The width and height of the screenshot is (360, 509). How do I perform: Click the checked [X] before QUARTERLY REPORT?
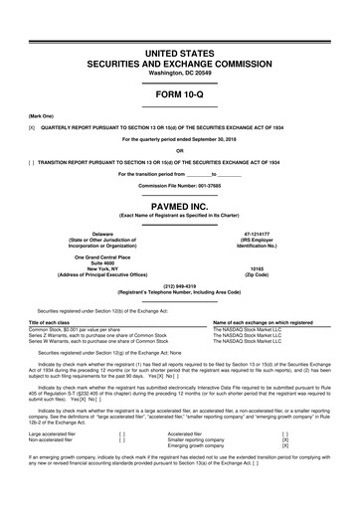[x=33, y=128]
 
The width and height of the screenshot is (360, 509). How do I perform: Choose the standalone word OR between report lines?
[x=179, y=150]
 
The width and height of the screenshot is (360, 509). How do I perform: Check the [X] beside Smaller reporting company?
[x=285, y=468]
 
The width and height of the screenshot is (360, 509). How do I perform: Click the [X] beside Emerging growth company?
[x=285, y=474]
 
